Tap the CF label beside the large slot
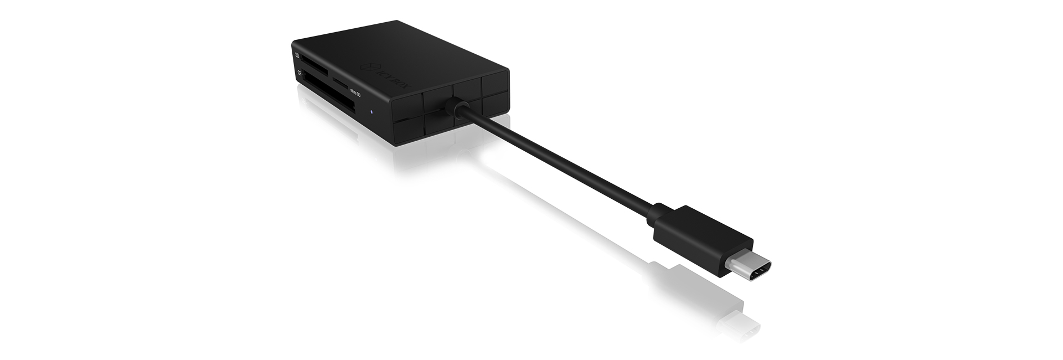tap(299, 73)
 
